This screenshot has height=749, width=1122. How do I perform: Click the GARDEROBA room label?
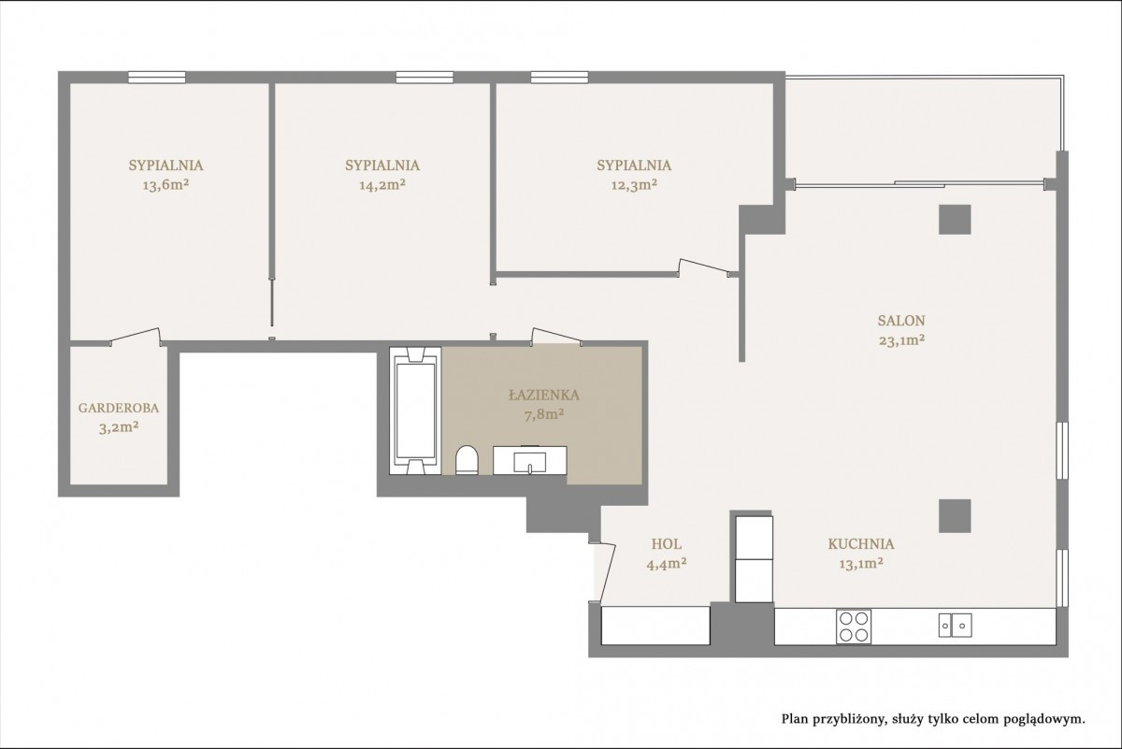click(x=119, y=408)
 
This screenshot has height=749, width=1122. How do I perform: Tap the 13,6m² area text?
click(x=165, y=185)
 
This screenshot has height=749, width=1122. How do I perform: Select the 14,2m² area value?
click(x=382, y=185)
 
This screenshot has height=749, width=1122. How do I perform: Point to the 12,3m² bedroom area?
click(x=634, y=185)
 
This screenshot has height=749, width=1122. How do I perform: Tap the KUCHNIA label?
click(x=861, y=543)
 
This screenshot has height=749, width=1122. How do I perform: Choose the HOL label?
click(x=666, y=543)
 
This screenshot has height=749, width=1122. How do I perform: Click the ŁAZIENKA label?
click(x=544, y=395)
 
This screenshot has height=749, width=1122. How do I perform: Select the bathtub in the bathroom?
click(x=415, y=411)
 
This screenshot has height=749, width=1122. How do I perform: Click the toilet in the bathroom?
click(x=467, y=460)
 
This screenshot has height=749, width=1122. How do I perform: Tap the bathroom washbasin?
click(x=530, y=460)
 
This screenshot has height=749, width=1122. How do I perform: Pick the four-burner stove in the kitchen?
click(x=854, y=627)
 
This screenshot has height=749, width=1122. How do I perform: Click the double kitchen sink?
click(x=956, y=626)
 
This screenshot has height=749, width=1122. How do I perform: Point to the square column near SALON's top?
click(x=955, y=220)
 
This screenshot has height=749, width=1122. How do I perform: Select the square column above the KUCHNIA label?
click(x=955, y=516)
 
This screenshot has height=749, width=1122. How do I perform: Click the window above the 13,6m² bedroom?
click(x=157, y=78)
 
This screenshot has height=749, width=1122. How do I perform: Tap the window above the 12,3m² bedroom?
click(x=559, y=78)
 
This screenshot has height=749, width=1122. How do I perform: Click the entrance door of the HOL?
click(x=607, y=572)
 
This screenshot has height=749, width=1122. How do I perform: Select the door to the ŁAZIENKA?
click(x=556, y=337)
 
